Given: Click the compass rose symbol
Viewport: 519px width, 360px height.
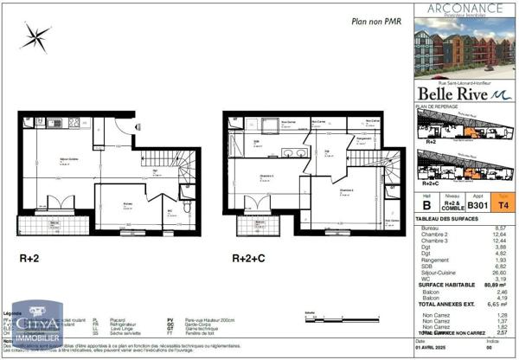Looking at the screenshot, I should click(x=35, y=35).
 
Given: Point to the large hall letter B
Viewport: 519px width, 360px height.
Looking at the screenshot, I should click(x=426, y=207).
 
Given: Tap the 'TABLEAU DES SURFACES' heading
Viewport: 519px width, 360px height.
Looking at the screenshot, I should click(x=446, y=218).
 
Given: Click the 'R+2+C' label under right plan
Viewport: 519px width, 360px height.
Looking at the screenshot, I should click(x=247, y=258).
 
